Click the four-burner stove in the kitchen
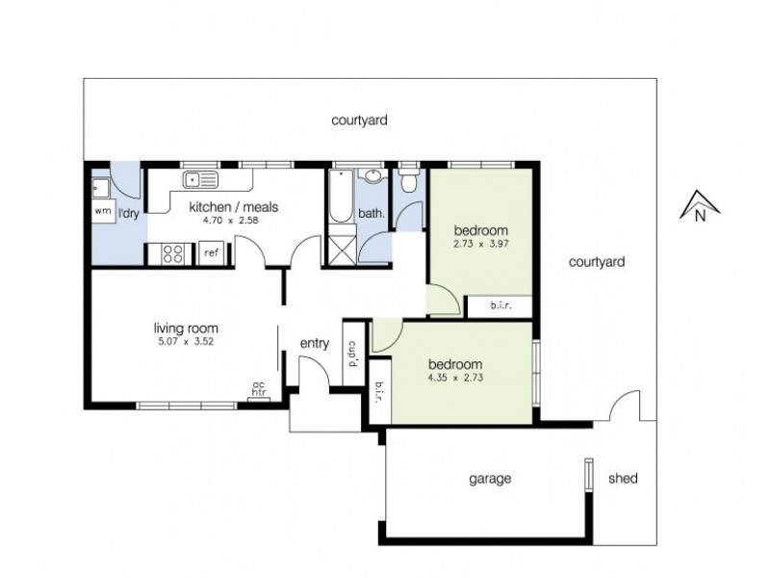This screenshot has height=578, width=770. pyautogui.click(x=171, y=254)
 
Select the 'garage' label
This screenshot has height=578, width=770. pyautogui.click(x=489, y=479)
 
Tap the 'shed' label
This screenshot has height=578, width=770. pyautogui.click(x=623, y=479)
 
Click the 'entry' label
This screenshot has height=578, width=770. pyautogui.click(x=314, y=344)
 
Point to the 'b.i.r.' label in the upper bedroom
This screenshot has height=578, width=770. pyautogui.click(x=500, y=306)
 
